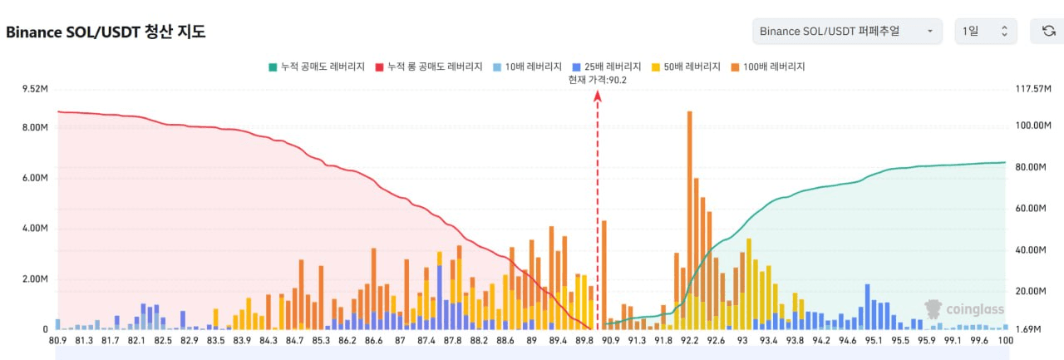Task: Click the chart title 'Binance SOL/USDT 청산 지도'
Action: (x=106, y=32)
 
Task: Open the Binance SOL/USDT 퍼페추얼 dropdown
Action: (x=847, y=32)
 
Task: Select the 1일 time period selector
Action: (x=985, y=32)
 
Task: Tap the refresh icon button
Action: (x=1047, y=32)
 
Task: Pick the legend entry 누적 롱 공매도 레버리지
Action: (x=429, y=67)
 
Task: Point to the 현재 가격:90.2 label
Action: (x=597, y=80)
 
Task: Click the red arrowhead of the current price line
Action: (x=597, y=96)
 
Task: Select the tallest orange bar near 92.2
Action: (x=689, y=208)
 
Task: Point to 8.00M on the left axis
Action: (x=34, y=127)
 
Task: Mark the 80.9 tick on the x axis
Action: (x=57, y=340)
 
